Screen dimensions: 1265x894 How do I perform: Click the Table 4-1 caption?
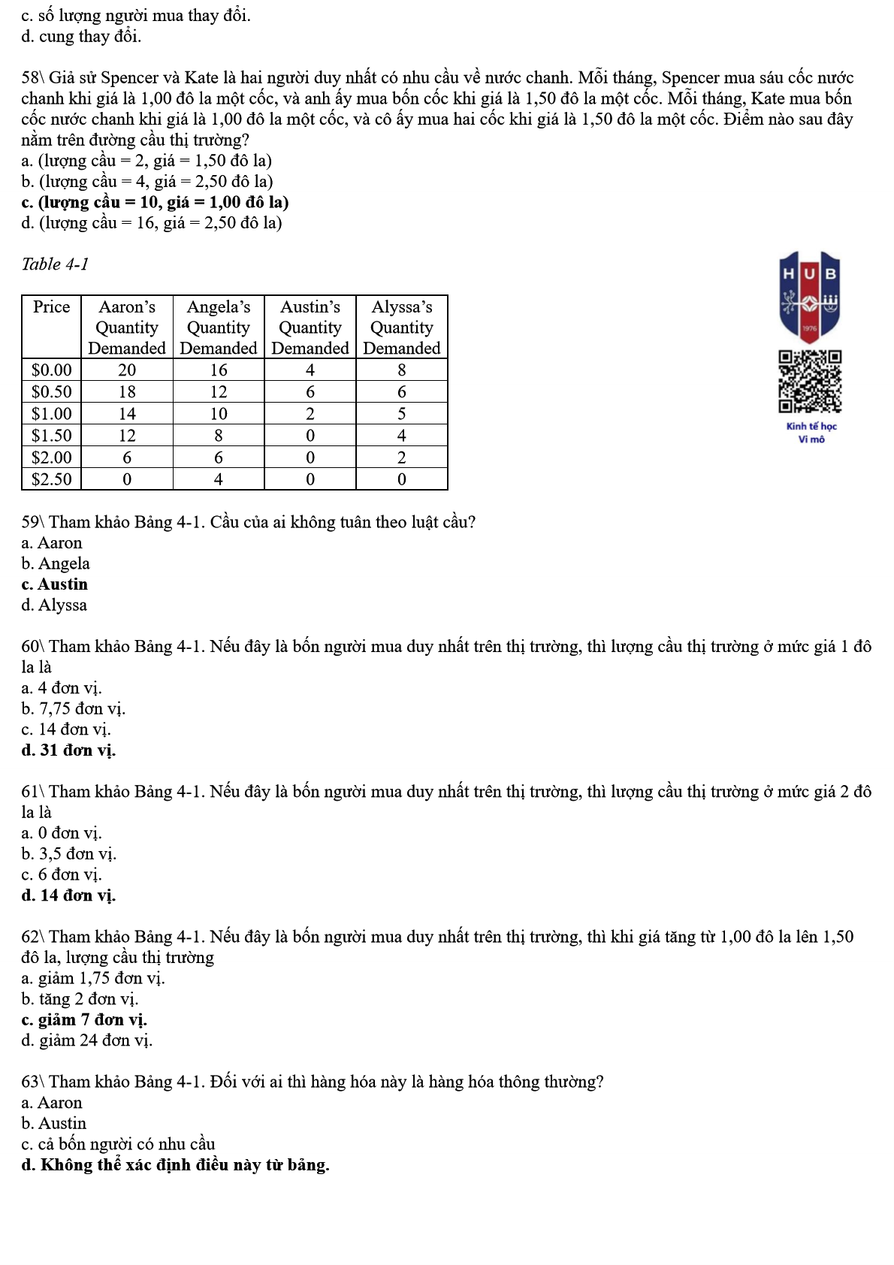[55, 264]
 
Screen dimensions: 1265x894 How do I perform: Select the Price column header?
[51, 307]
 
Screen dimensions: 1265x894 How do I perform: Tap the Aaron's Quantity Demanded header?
[127, 328]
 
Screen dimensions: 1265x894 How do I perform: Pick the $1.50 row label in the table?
[51, 436]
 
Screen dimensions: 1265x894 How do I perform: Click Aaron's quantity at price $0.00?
[127, 370]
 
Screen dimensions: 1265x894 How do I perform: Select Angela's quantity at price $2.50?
[219, 479]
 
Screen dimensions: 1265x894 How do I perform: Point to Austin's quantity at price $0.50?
[310, 392]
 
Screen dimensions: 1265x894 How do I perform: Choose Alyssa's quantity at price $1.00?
[402, 414]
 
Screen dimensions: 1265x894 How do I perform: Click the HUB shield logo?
[809, 296]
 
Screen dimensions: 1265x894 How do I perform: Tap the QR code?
[810, 382]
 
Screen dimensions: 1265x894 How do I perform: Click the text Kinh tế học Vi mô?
[811, 433]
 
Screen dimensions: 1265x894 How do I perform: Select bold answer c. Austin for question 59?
[55, 584]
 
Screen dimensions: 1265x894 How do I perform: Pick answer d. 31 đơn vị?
[68, 750]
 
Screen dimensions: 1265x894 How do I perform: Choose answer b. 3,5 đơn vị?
[68, 854]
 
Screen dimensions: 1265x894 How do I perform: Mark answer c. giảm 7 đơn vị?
[84, 1020]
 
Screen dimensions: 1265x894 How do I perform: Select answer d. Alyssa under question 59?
[54, 605]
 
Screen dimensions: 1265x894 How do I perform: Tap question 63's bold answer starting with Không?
[175, 1165]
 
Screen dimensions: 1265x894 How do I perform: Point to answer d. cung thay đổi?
[81, 37]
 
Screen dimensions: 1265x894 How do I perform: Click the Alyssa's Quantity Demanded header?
[402, 328]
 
